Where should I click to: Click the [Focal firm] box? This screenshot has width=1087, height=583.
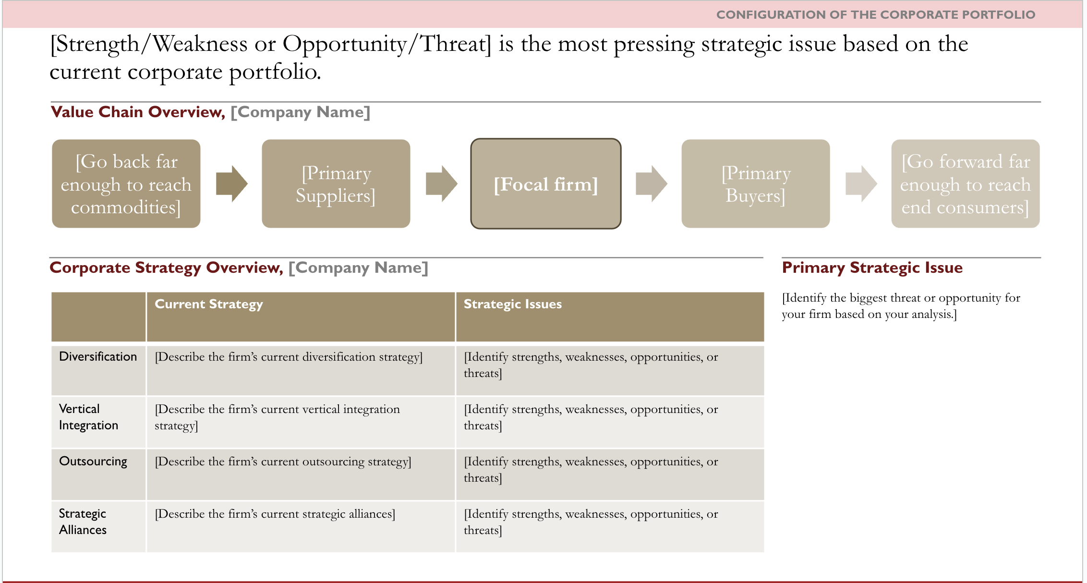[x=546, y=184]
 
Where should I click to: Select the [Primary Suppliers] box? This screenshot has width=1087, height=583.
[x=336, y=184]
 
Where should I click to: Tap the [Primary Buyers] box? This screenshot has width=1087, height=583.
[x=756, y=184]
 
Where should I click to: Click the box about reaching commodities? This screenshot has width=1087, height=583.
[x=126, y=184]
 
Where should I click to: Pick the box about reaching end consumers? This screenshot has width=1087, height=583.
[x=966, y=184]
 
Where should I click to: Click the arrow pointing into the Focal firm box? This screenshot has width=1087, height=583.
[x=442, y=184]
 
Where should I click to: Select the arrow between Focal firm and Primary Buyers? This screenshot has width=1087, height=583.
[x=652, y=184]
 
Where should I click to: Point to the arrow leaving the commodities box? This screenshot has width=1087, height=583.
[x=232, y=184]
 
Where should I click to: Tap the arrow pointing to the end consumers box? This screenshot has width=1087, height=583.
[x=861, y=184]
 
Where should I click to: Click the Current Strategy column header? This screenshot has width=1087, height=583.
[x=209, y=304]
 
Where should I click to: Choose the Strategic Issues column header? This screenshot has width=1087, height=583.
[x=513, y=304]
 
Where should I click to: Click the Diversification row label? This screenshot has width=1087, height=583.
[x=98, y=357]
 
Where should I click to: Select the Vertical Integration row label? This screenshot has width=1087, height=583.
[x=88, y=417]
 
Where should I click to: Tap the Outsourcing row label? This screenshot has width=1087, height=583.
[x=93, y=462]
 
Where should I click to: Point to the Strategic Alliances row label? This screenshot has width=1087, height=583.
[x=83, y=522]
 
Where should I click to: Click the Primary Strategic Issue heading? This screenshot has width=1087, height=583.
[x=872, y=267]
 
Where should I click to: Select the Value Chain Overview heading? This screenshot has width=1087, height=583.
[x=138, y=112]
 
